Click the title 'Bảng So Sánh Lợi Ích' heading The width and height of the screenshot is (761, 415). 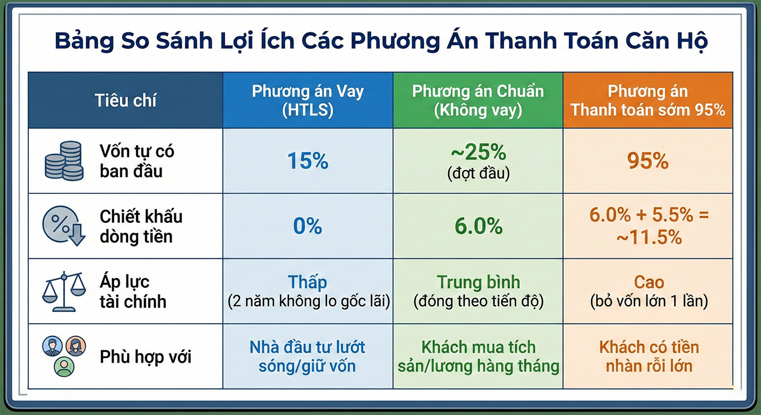380,42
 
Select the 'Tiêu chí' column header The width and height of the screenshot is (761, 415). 125,101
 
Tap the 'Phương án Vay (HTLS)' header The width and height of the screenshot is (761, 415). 308,101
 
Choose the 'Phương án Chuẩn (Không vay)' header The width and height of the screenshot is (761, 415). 477,101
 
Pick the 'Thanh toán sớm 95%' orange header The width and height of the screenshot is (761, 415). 648,101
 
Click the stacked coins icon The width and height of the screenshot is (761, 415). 64,161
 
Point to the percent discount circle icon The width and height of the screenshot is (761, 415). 64,226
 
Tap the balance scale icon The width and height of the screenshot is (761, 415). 65,291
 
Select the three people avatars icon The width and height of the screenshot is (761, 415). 65,355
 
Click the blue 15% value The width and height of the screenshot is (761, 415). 308,161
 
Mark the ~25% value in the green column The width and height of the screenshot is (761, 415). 478,152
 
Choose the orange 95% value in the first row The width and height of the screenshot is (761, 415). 648,161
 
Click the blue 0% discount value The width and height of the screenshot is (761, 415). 308,226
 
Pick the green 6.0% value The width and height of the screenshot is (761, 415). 478,226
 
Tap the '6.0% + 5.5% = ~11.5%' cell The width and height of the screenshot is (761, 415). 648,226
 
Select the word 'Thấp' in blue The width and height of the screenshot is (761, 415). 308,282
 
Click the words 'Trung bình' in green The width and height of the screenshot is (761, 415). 478,282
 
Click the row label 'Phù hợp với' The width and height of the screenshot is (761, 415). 145,357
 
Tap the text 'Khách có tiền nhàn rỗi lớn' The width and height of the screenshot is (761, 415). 648,357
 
